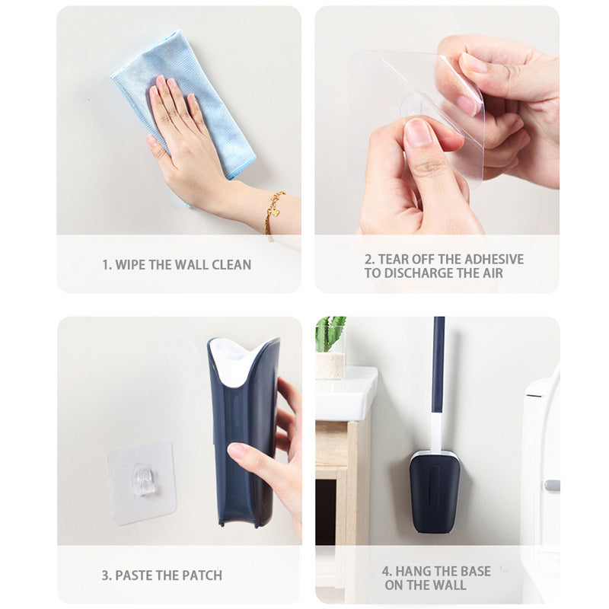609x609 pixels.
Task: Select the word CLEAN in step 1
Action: point(231,265)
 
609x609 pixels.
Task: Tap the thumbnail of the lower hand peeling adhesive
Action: point(417,131)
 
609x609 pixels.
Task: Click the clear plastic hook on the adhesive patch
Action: point(143,480)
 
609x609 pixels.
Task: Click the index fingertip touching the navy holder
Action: point(234,450)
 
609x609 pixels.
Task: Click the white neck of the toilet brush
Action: point(437,432)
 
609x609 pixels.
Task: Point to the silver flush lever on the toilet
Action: point(552,485)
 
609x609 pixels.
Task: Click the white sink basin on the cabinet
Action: point(346,394)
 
